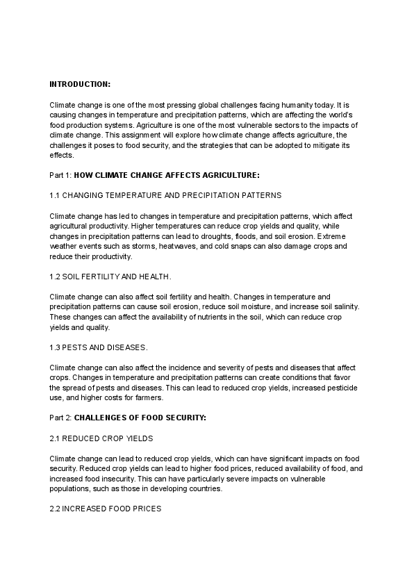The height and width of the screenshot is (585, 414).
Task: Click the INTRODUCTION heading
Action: pos(79,84)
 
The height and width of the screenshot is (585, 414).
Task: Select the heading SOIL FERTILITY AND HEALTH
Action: pos(111,277)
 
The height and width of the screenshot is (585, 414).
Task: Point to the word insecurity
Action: pos(128,479)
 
